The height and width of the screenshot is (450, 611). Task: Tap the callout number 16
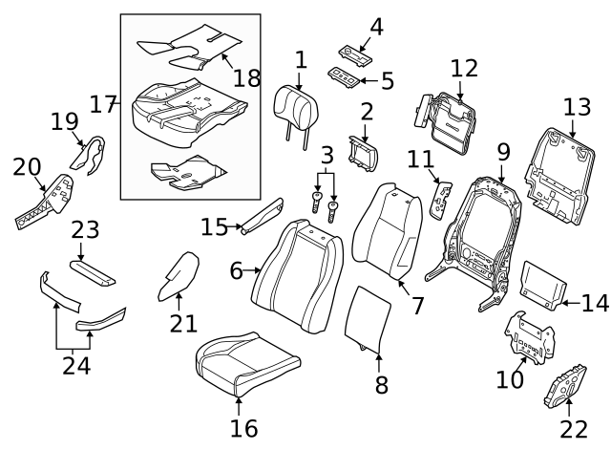[244, 427]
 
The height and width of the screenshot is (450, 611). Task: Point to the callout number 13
[577, 107]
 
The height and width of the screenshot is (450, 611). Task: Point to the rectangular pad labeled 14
[544, 284]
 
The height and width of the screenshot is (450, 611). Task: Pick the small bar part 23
[93, 272]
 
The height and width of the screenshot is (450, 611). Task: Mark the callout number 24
[73, 364]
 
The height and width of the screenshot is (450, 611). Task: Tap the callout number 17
[102, 103]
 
